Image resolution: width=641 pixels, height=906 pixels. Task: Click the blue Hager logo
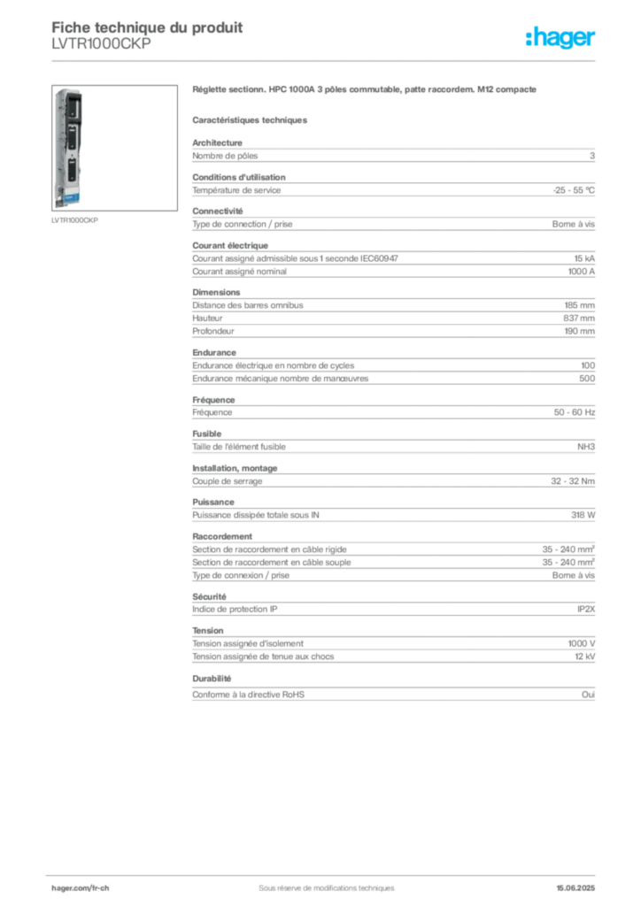[x=561, y=38]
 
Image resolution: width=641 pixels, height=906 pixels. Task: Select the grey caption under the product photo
[x=73, y=220]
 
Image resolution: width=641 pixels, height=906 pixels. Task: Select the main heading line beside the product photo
[x=364, y=91]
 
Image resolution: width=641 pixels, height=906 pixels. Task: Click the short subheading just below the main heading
[x=251, y=119]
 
